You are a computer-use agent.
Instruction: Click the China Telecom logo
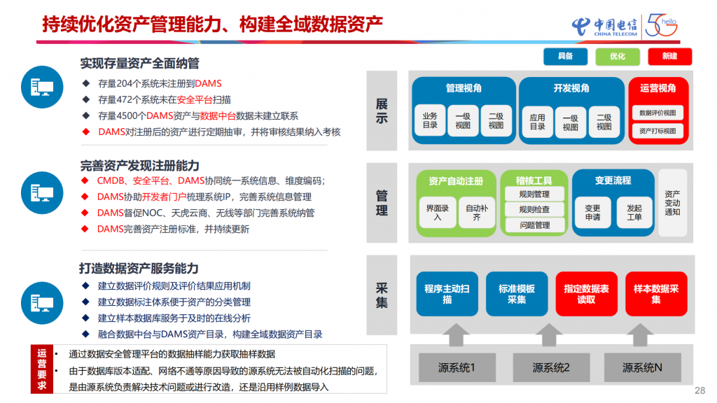pyautogui.click(x=604, y=27)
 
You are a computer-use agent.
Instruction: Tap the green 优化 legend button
pyautogui.click(x=618, y=56)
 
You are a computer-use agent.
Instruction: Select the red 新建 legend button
pyautogui.click(x=669, y=56)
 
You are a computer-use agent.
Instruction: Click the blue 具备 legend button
pyautogui.click(x=565, y=56)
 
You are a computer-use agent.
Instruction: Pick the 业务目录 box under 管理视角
pyautogui.click(x=430, y=120)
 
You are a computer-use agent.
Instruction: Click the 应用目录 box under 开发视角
pyautogui.click(x=537, y=122)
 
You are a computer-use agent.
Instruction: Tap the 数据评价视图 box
pyautogui.click(x=657, y=113)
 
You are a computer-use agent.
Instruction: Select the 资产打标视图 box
pyautogui.click(x=657, y=131)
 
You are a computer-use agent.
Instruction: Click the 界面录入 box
pyautogui.click(x=438, y=212)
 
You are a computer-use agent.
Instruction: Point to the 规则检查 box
pyautogui.click(x=534, y=210)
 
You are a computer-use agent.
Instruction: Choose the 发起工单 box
pyautogui.click(x=634, y=213)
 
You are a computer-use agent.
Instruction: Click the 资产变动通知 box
pyautogui.click(x=672, y=203)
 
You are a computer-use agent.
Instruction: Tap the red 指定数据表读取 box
pyautogui.click(x=586, y=294)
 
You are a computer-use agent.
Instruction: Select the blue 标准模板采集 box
pyautogui.click(x=517, y=294)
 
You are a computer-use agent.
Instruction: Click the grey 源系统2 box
pyautogui.click(x=551, y=367)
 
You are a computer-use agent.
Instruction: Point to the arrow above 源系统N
pyautogui.click(x=640, y=335)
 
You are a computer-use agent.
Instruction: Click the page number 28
pyautogui.click(x=699, y=390)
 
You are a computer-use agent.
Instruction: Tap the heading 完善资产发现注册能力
pyautogui.click(x=140, y=165)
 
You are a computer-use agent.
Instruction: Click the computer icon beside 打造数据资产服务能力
pyautogui.click(x=42, y=303)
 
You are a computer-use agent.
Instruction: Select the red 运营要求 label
pyautogui.click(x=42, y=369)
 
